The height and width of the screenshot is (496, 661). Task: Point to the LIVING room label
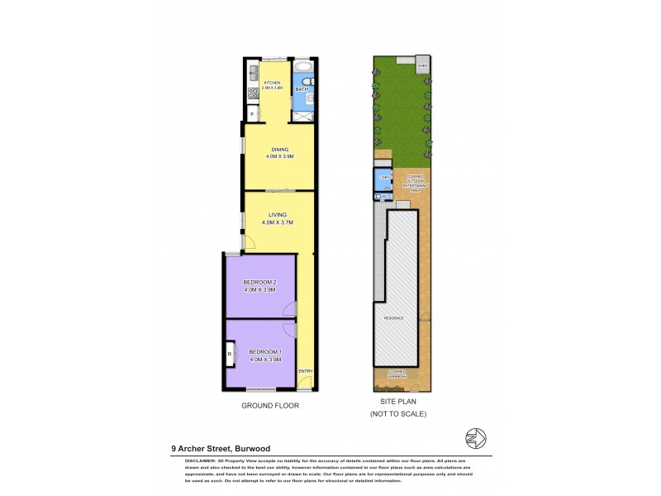277,218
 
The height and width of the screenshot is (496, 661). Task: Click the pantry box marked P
251,113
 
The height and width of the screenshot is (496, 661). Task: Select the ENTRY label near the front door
306,370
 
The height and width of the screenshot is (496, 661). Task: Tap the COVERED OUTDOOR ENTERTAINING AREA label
413,184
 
